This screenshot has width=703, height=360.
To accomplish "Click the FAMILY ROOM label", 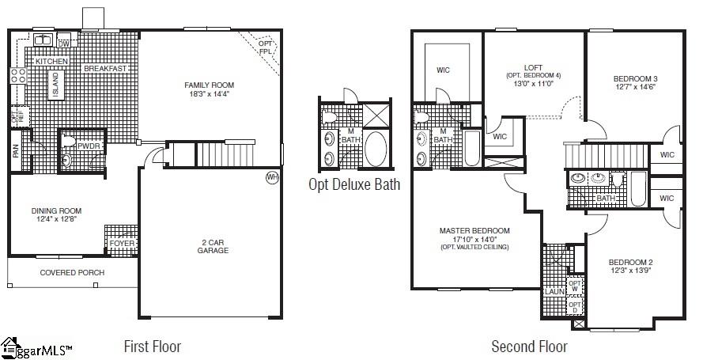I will pos(210,85).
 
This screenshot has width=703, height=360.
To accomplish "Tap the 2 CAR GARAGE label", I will pos(213,246).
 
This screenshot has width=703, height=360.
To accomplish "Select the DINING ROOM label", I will pos(56,211).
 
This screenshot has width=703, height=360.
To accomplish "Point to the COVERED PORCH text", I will pos(72,273).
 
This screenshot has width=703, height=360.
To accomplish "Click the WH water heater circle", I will pos(272,176).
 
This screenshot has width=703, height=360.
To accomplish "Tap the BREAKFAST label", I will pos(106,69).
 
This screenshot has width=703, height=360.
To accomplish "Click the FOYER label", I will pos(122,244).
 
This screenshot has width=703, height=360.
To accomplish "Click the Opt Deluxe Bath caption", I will pos(353,185).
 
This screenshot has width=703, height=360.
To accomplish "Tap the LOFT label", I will pos(533,67).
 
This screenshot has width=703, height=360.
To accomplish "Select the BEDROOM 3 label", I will pos(636,78).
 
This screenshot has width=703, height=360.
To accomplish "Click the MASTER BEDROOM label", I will pos(474,231).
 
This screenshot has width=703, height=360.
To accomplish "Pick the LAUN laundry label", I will pos(553,291).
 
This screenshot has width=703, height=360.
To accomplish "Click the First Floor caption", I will pos(153,347).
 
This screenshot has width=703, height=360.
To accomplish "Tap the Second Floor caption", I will pos(529,347).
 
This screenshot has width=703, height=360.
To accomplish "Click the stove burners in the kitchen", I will pos(17,77).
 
